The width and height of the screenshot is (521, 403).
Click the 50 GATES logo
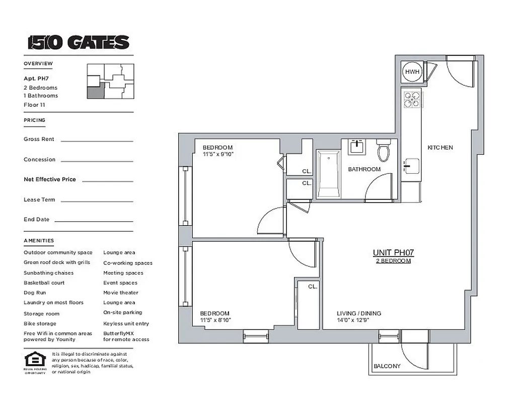coord(78,42)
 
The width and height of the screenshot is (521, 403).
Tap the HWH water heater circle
coord(412,72)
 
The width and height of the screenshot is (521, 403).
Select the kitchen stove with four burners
coord(412,98)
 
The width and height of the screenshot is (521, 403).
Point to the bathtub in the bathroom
coord(328,174)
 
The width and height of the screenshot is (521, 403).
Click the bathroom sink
coord(358,147)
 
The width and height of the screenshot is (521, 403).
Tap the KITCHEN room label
coord(440,148)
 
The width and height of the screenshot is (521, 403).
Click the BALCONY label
coord(387,366)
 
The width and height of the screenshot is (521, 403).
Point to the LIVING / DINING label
coord(358,313)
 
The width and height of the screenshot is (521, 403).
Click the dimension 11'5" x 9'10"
coord(218,154)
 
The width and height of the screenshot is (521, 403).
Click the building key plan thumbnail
coord(110,81)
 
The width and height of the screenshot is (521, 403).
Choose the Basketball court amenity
coord(44,283)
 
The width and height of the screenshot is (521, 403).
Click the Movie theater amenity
coord(120,293)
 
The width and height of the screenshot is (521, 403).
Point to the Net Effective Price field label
coord(49,179)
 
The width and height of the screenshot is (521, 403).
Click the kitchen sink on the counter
coord(411,165)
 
